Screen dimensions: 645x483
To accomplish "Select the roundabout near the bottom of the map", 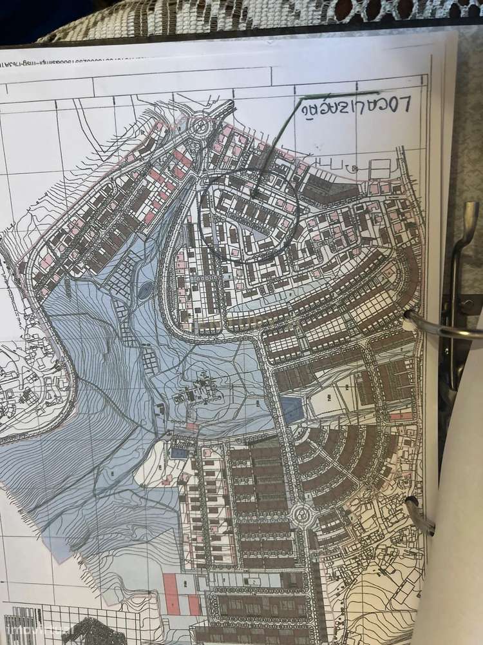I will click(x=301, y=515).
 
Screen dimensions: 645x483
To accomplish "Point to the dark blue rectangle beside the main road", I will click(x=291, y=410).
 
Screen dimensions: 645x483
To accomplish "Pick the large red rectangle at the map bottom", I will click(x=171, y=593).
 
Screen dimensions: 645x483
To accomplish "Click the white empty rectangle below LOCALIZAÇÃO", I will click(x=380, y=165).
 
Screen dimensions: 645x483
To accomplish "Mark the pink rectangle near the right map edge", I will click(x=401, y=416).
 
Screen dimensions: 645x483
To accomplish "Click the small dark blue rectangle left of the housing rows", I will click(x=178, y=453).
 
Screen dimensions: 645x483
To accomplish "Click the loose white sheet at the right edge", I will click(x=457, y=548).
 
